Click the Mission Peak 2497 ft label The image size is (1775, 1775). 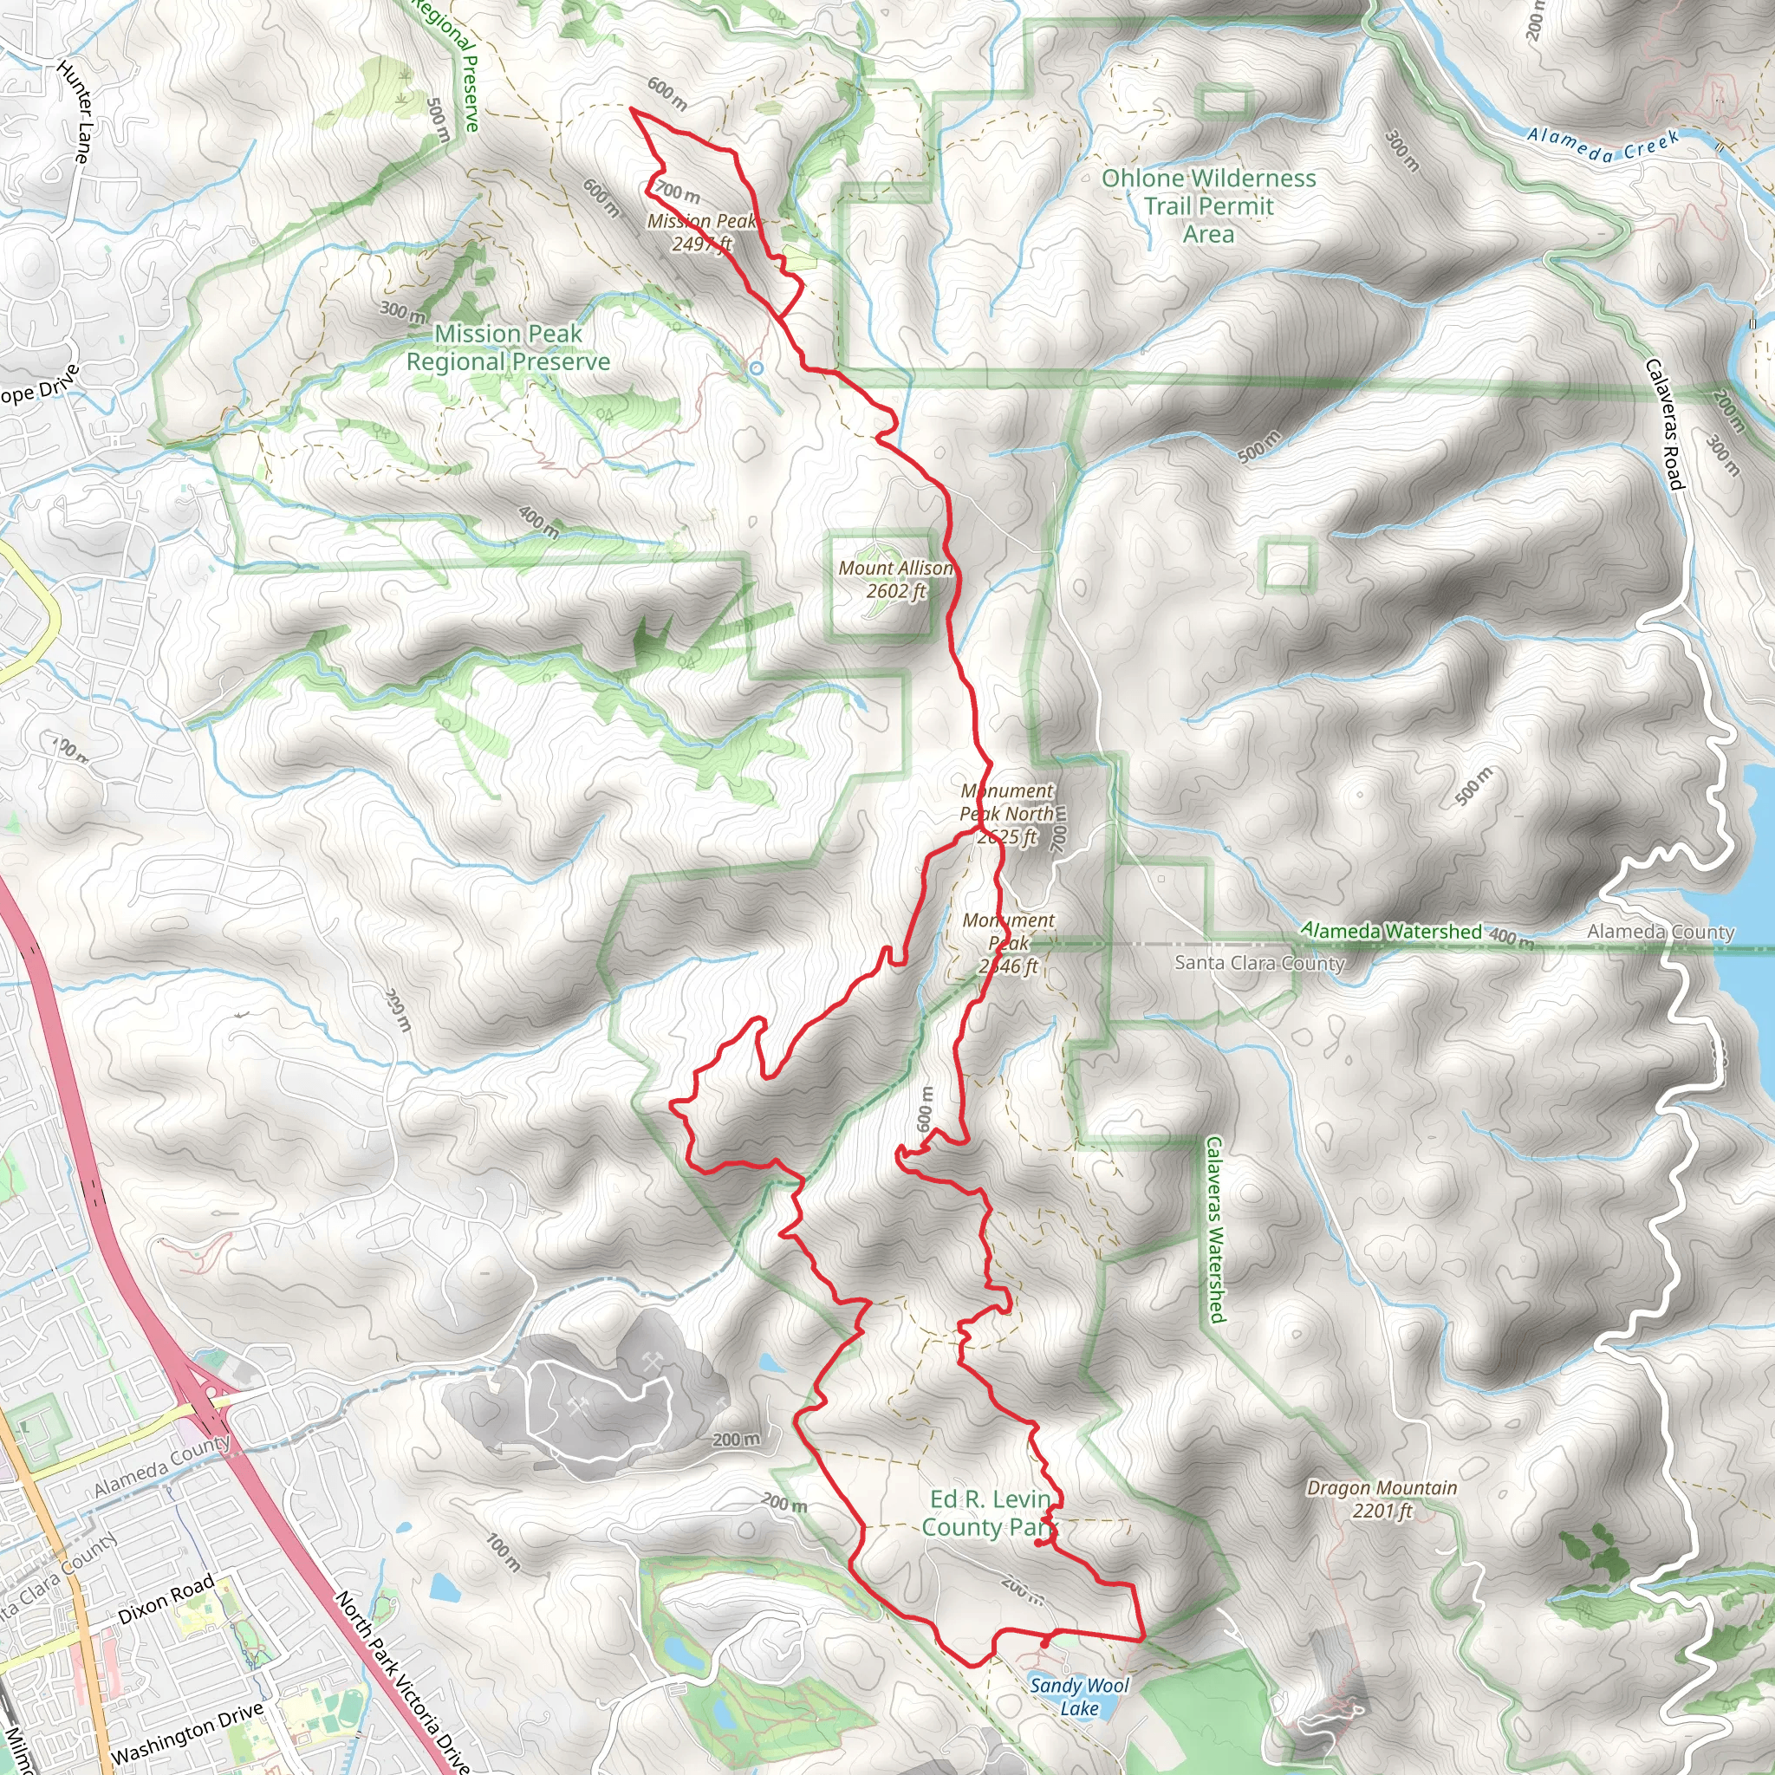point(701,232)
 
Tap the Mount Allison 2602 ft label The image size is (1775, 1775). point(896,580)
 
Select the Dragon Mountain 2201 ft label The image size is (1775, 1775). point(1382,1499)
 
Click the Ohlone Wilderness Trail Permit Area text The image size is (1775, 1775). point(1208,205)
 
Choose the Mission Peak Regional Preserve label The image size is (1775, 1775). point(508,348)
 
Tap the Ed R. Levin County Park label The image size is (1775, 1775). point(989,1513)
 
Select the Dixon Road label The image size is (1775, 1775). point(166,1598)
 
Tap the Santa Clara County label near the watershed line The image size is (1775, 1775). point(1259,963)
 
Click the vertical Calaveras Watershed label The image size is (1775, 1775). point(1214,1230)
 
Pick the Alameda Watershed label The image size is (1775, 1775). point(1391,931)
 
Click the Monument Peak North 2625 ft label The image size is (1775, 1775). point(1007,813)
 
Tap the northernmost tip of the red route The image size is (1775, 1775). point(631,109)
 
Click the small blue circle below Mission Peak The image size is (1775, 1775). point(756,368)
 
